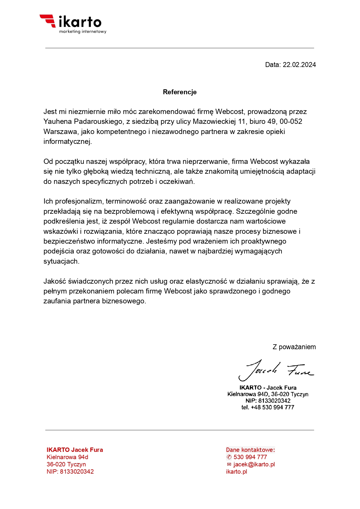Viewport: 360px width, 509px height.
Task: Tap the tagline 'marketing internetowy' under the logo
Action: (83, 31)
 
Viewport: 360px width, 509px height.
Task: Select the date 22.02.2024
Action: (299, 65)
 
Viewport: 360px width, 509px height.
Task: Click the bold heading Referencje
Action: (180, 92)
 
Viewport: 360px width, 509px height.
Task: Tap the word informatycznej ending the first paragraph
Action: (68, 142)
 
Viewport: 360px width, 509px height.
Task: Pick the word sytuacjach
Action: (61, 261)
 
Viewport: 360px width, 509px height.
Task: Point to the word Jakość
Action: (54, 281)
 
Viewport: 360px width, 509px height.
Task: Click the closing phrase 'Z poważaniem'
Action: (294, 347)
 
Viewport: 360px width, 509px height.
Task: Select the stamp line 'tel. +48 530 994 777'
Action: (268, 407)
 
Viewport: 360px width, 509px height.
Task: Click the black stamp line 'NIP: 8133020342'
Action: (268, 401)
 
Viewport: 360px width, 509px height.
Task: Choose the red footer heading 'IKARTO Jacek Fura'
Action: (75, 450)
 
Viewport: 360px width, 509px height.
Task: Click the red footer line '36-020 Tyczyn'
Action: (66, 464)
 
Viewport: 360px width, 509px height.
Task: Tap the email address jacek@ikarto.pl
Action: (254, 464)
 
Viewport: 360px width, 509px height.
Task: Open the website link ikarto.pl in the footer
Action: (237, 472)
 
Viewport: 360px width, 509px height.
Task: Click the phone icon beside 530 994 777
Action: (229, 457)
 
